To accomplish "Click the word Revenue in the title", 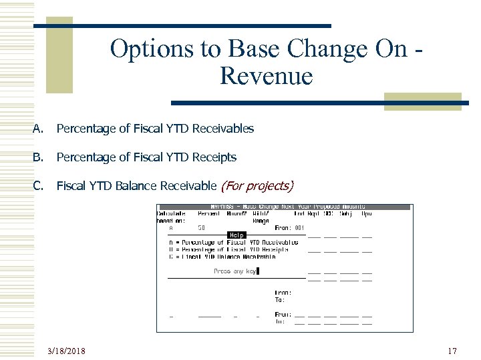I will coord(265,76).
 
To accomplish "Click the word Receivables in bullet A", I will coord(223,129).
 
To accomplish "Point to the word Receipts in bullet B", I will coord(214,157).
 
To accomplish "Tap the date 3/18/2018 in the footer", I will coord(71,350).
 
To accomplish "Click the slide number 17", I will coord(452,350).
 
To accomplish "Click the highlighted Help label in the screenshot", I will coord(236,235).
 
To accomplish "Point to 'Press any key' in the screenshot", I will coord(234,271).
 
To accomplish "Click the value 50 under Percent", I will coord(201,227).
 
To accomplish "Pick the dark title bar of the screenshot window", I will coord(284,207).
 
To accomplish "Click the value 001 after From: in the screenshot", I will coord(299,227).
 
